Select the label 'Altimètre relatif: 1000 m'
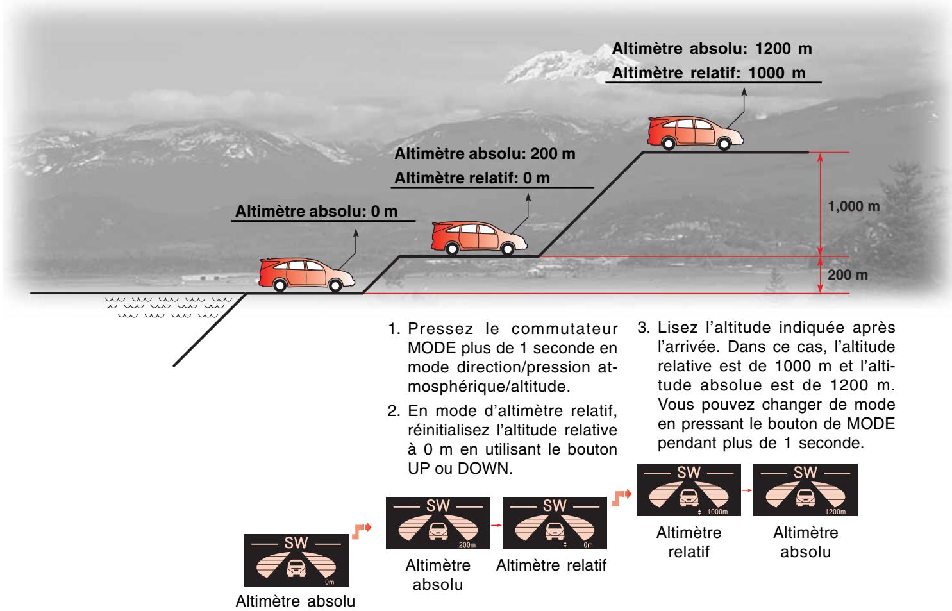709,72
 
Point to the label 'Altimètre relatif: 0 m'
472,178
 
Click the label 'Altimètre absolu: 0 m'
317,212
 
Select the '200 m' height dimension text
848,275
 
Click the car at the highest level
695,133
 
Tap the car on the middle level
479,237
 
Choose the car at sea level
306,274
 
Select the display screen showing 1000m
689,490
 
